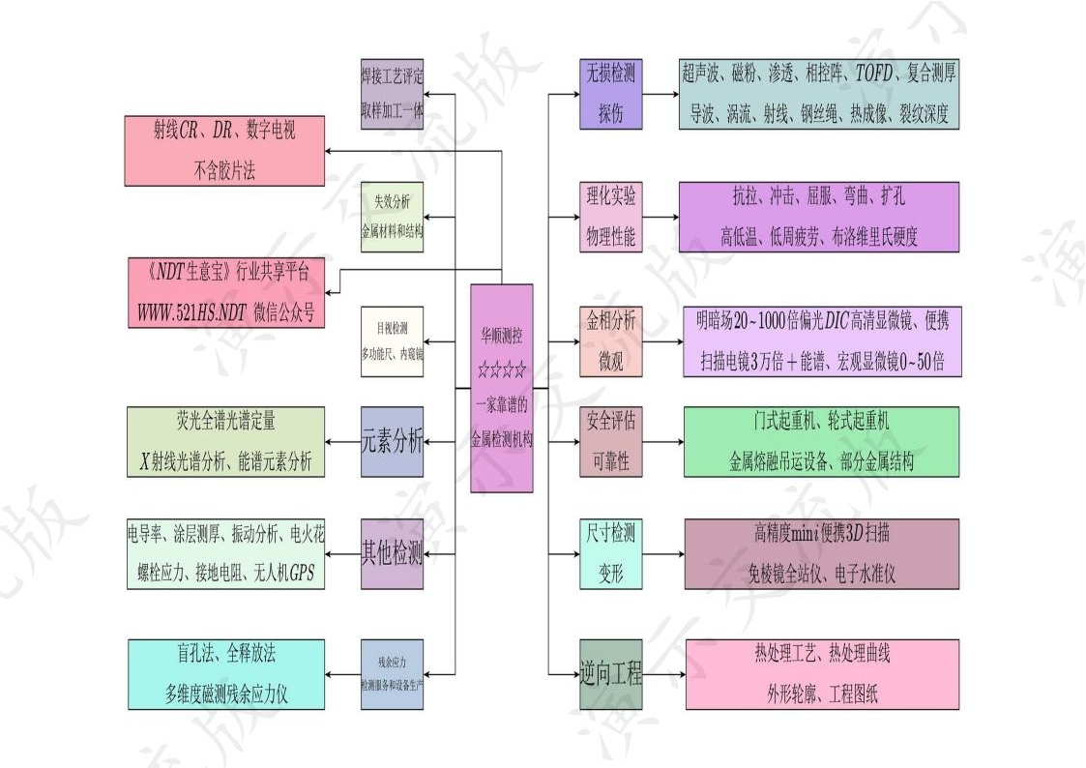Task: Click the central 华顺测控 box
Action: point(501,387)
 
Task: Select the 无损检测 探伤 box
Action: point(610,93)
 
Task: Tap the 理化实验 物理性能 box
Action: point(610,217)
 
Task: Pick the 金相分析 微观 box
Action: point(610,340)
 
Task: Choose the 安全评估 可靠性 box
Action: point(610,441)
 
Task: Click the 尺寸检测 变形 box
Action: point(610,554)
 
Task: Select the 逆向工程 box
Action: point(610,674)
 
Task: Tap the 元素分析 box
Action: point(392,442)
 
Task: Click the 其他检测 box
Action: point(392,554)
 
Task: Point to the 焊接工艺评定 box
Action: point(392,93)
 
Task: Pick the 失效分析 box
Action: point(392,217)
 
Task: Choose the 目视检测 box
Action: point(392,341)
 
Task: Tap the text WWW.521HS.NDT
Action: point(191,312)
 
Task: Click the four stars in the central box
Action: point(501,369)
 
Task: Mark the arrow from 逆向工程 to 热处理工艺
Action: point(664,674)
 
